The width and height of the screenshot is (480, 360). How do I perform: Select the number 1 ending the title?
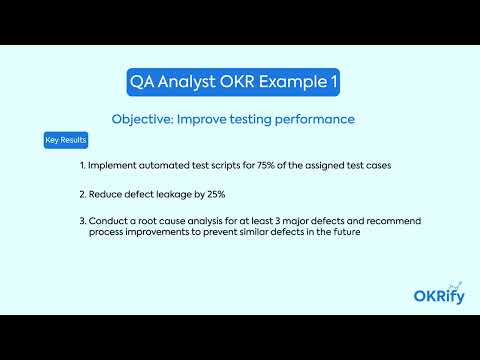click(331, 82)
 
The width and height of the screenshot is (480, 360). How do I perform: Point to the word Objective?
click(145, 119)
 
